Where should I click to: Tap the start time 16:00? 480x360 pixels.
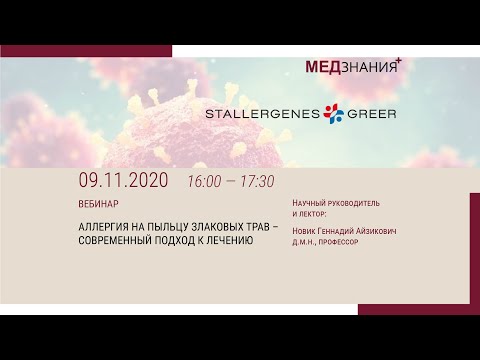pos(205,183)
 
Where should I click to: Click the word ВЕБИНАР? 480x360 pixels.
pos(97,201)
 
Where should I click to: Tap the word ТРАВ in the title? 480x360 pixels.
pos(271,226)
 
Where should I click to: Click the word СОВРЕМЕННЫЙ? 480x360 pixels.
pos(122,240)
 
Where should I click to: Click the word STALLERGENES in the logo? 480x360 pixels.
pos(261,113)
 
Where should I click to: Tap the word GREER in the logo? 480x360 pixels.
pos(371,113)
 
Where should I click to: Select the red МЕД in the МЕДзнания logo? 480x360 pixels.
pos(323,66)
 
